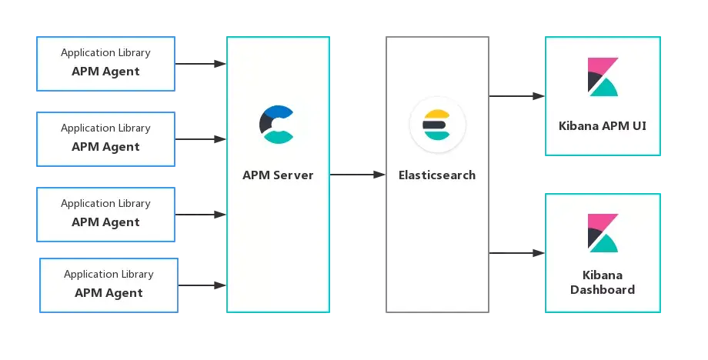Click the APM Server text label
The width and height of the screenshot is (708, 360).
click(x=278, y=175)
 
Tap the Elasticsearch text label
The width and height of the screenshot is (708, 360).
click(x=437, y=175)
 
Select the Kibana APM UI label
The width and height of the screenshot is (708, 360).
click(x=603, y=126)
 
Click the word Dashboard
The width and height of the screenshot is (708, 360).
click(x=603, y=290)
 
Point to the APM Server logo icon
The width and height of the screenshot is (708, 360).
click(x=276, y=125)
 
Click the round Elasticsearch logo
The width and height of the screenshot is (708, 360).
click(x=437, y=125)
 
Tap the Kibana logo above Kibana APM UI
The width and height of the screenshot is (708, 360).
click(x=603, y=77)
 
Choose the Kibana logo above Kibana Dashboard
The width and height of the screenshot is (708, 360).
click(x=603, y=233)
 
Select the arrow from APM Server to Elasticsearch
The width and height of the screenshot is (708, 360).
click(x=358, y=175)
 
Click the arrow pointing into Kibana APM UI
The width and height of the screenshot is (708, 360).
click(x=517, y=96)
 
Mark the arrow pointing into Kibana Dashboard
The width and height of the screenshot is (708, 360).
click(x=517, y=253)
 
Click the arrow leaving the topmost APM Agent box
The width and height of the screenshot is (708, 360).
click(x=201, y=64)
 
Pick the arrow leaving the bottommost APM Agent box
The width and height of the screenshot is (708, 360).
click(x=202, y=285)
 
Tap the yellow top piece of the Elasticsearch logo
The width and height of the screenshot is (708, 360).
click(x=436, y=114)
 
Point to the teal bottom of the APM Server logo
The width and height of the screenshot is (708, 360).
click(x=279, y=137)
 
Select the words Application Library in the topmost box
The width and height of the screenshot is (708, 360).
click(x=105, y=53)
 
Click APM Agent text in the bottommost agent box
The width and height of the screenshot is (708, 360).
click(x=109, y=293)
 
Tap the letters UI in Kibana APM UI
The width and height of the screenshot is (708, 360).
click(x=640, y=126)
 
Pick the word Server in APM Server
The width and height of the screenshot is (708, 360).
click(x=293, y=175)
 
